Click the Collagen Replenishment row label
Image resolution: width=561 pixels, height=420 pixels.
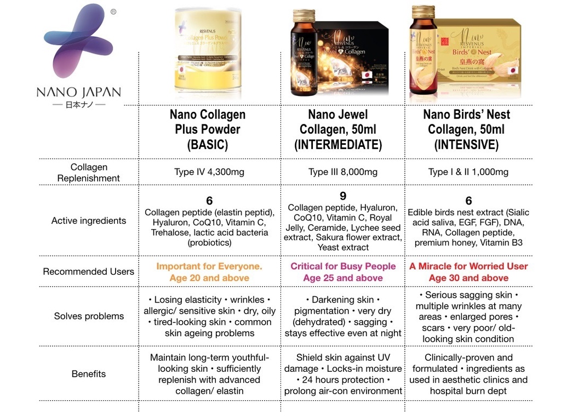tap(89, 172)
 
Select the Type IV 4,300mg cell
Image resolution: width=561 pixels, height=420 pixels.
tap(209, 172)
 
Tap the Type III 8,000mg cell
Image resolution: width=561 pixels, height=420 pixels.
tap(343, 172)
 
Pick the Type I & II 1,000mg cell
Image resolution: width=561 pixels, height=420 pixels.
tap(468, 172)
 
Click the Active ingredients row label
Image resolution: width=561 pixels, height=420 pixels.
tap(89, 220)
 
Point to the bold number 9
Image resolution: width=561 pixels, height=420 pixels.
tap(343, 196)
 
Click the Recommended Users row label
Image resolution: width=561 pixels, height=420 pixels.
tap(89, 271)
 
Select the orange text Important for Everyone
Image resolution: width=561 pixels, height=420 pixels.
tap(209, 266)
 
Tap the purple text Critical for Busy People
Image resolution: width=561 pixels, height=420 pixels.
tap(343, 266)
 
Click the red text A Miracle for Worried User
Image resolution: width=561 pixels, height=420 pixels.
tap(468, 266)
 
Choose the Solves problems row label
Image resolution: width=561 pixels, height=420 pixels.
tap(89, 316)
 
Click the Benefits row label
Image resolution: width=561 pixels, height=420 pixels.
tap(89, 374)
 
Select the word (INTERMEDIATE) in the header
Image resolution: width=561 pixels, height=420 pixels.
tap(337, 145)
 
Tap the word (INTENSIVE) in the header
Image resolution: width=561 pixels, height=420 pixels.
tap(466, 145)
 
